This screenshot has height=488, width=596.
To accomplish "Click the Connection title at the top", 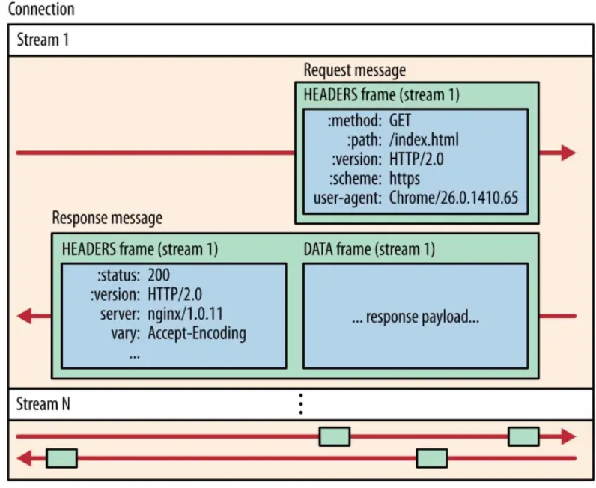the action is click(41, 9).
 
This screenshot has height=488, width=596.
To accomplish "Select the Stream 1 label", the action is click(43, 40).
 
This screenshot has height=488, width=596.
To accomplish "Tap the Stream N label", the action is click(43, 403).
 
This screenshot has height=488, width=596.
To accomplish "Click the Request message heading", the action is click(355, 70).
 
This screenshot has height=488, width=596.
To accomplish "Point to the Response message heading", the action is click(107, 218).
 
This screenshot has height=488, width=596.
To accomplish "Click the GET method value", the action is click(400, 121).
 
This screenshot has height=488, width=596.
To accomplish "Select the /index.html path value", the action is click(424, 140).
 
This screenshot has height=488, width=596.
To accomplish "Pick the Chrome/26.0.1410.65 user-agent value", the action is click(454, 198).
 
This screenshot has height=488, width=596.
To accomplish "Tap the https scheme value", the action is click(404, 179).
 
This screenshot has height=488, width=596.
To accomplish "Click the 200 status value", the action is click(159, 275).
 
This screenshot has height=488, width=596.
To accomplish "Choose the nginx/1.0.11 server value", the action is click(185, 314).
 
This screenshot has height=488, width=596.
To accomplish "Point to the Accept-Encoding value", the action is click(197, 333).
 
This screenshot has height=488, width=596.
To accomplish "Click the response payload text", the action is click(416, 317).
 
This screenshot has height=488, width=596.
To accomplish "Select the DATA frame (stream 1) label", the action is click(369, 249).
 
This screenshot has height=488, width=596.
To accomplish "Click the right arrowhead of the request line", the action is click(568, 153).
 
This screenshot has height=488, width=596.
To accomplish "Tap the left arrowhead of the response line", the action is click(24, 316).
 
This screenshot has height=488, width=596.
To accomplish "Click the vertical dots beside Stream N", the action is click(301, 403).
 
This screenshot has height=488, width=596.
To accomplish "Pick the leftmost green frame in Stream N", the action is click(62, 458).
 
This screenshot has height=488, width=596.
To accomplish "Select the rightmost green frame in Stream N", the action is click(524, 436).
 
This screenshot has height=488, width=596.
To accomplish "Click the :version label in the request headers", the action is click(356, 159).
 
